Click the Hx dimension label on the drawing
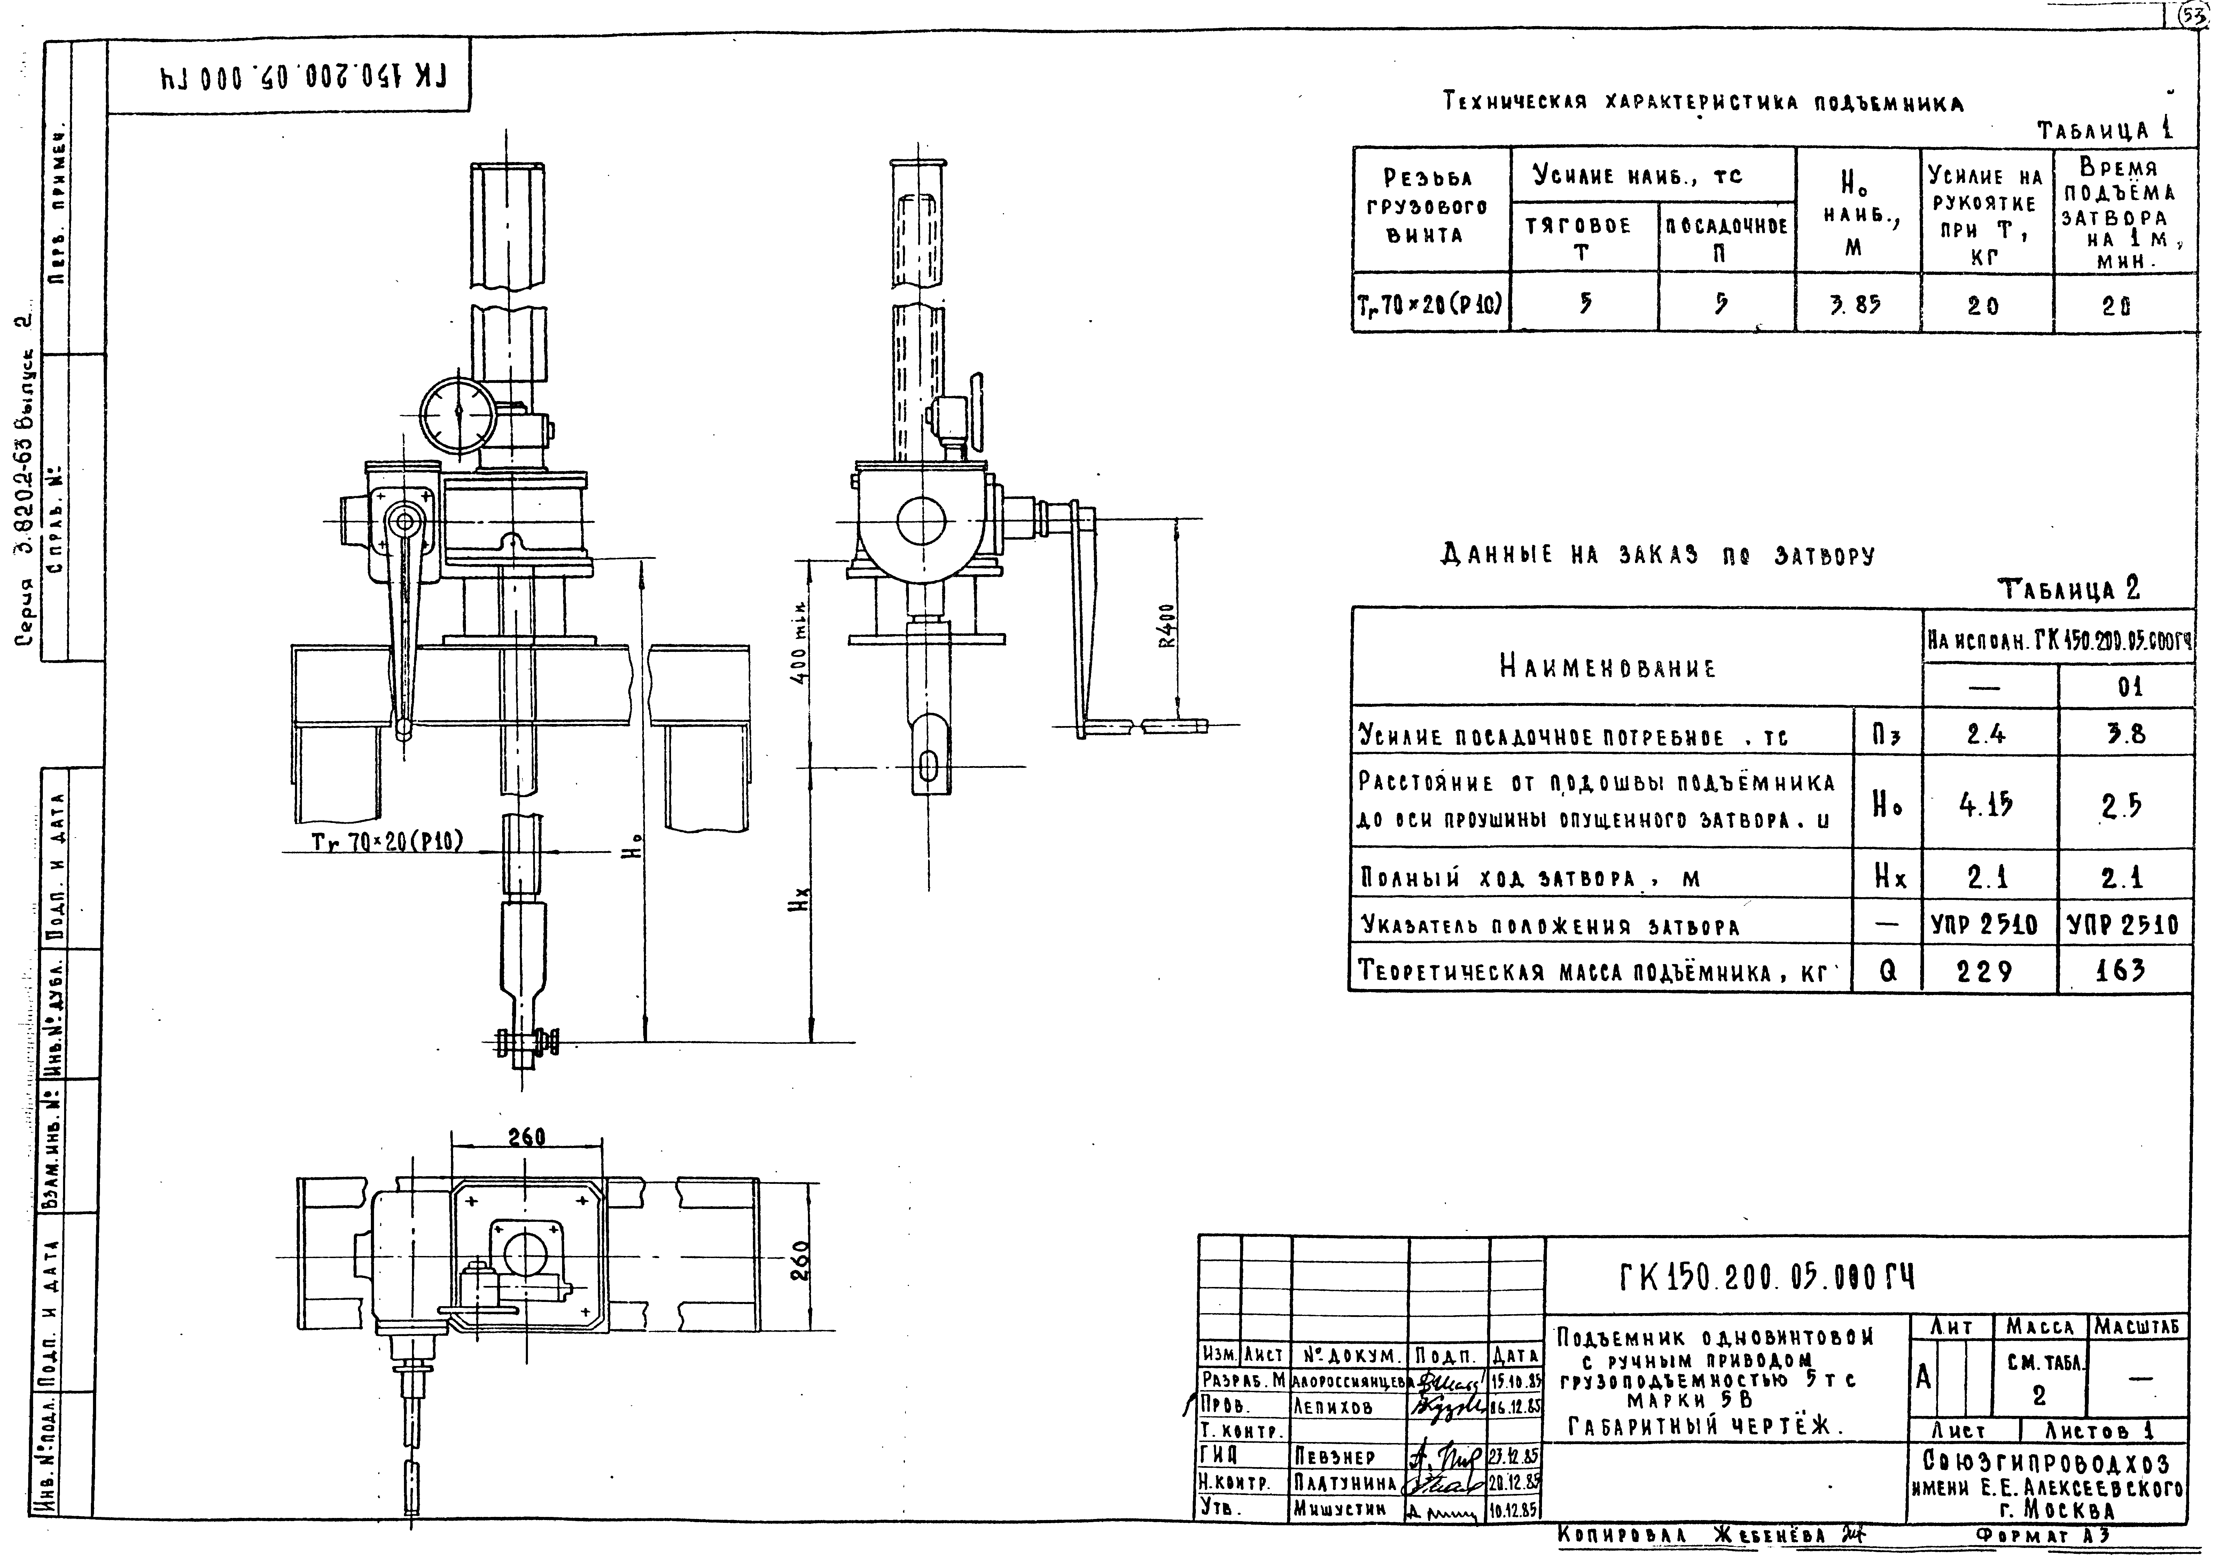pos(801,906)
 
